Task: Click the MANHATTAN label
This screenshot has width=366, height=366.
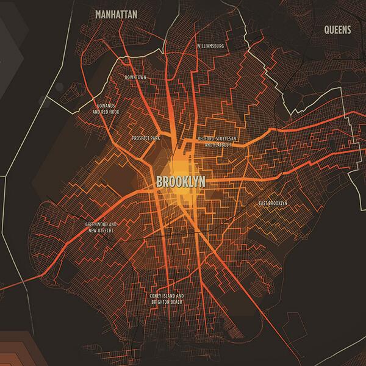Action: click(116, 13)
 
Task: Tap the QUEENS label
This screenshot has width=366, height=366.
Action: click(337, 29)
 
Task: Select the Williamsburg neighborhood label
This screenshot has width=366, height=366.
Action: click(211, 46)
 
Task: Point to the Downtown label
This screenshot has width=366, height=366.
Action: click(135, 77)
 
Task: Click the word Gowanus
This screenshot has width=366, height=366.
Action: click(106, 105)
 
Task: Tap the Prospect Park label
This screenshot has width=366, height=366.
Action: click(145, 138)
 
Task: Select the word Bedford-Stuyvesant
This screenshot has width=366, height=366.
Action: click(217, 139)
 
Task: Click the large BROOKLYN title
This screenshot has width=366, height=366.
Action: click(180, 182)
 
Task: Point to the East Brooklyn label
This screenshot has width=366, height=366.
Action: click(273, 203)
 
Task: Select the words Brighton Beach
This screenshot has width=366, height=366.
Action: click(168, 303)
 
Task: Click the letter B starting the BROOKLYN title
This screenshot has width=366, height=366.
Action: click(160, 182)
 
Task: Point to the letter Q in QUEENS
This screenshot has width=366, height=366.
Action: click(328, 29)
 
